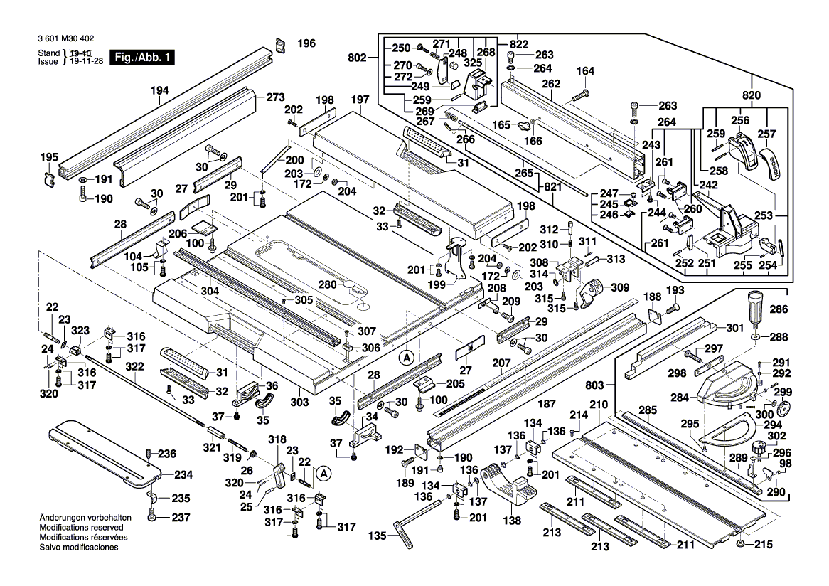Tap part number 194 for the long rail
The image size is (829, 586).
click(x=160, y=90)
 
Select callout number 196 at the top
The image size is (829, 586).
click(x=306, y=43)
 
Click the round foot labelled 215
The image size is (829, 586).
click(x=742, y=544)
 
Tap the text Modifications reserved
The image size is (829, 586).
click(x=81, y=528)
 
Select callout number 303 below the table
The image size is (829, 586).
click(x=300, y=403)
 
